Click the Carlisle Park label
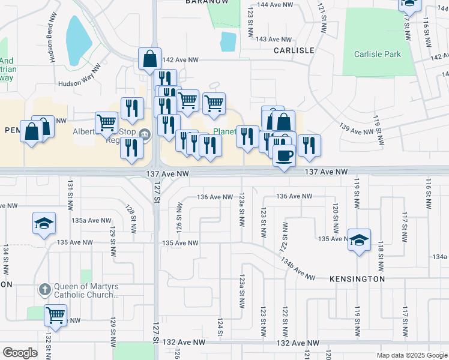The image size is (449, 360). click(376, 54)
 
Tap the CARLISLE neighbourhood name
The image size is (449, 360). click(294, 50)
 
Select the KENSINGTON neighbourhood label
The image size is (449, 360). click(357, 279)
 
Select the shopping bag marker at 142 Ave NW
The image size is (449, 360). click(149, 59)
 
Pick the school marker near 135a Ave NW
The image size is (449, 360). click(44, 224)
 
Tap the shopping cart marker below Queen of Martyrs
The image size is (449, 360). click(55, 314)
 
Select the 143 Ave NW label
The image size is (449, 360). click(269, 39)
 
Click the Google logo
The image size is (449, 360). click(20, 352)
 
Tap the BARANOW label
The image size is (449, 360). click(208, 2)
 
